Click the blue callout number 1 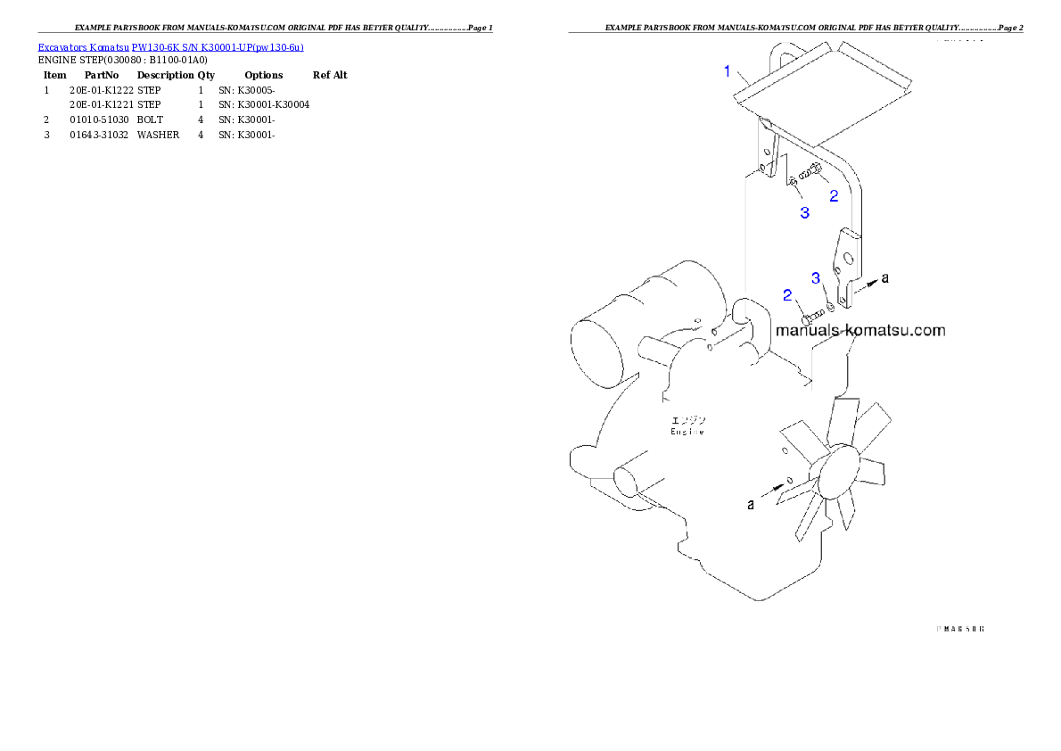point(728,70)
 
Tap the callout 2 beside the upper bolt point(835,195)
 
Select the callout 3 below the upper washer point(804,212)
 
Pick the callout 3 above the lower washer point(816,278)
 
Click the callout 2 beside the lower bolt point(787,295)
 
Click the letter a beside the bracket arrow point(884,278)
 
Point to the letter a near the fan point(751,504)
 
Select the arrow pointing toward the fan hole point(774,490)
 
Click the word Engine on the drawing point(687,432)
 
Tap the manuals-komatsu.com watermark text point(860,330)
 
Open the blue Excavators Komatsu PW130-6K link point(170,46)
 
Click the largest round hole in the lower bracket point(848,260)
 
